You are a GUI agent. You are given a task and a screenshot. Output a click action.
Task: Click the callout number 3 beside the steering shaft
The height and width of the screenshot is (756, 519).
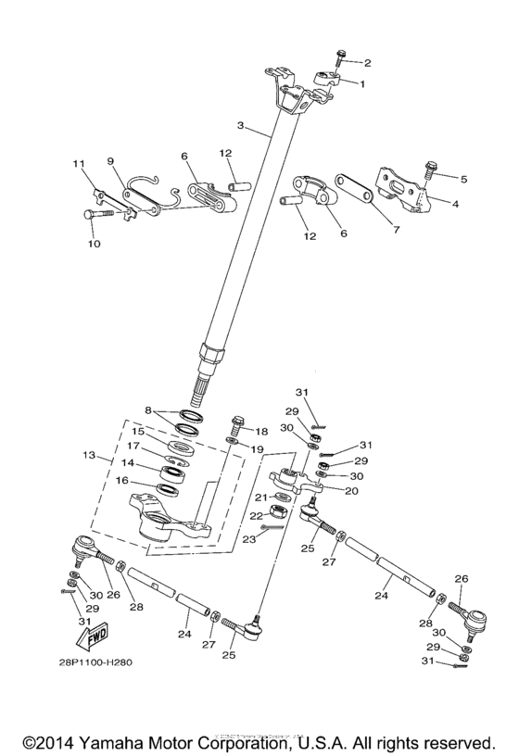pos(240,125)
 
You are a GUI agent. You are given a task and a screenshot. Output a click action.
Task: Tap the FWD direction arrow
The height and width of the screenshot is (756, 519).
pos(94,638)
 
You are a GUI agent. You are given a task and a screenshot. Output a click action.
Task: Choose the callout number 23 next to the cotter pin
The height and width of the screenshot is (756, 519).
pos(247,539)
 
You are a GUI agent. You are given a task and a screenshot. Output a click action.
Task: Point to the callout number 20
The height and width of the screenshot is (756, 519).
pos(352,491)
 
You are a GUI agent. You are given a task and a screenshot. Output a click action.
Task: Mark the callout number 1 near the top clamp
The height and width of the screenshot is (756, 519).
pos(361,83)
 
